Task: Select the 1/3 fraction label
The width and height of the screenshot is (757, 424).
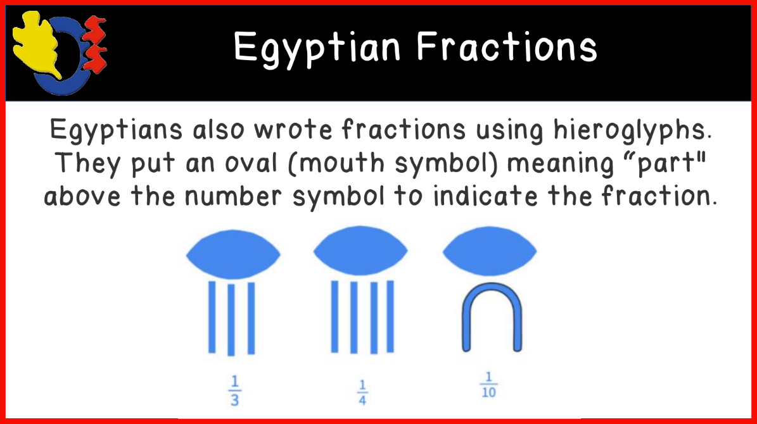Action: coord(234,392)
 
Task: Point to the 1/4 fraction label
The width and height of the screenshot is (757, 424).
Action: coord(362,392)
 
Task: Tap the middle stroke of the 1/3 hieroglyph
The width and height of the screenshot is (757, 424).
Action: coord(232,319)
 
